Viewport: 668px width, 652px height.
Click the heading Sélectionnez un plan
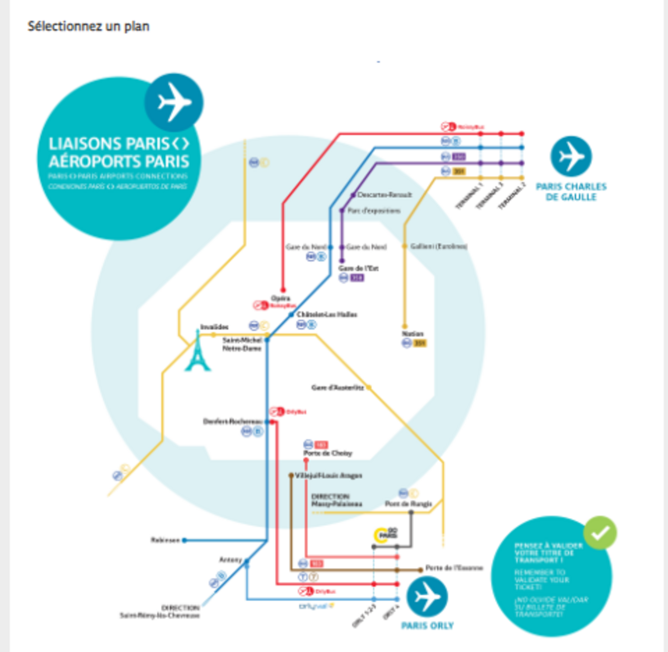88,26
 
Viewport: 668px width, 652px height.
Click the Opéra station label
281,298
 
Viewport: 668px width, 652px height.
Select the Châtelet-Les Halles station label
327,314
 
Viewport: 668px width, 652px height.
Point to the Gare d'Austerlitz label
338,388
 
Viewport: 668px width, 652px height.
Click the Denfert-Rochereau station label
233,421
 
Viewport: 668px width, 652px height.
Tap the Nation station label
413,334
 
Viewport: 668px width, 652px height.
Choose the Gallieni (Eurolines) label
439,246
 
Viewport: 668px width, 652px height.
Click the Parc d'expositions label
374,210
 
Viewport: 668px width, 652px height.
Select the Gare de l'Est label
359,269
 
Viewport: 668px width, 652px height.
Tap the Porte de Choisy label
328,453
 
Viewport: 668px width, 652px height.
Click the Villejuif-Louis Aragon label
328,475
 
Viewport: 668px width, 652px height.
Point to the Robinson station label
165,540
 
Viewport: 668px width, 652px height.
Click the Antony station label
230,560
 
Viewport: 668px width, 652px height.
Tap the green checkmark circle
600,533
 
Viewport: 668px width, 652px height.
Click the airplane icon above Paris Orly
426,597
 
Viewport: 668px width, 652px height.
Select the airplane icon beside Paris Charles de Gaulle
571,156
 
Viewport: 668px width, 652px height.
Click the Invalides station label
214,327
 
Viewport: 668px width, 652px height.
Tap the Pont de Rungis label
409,504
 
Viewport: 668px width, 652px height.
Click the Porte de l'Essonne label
454,568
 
